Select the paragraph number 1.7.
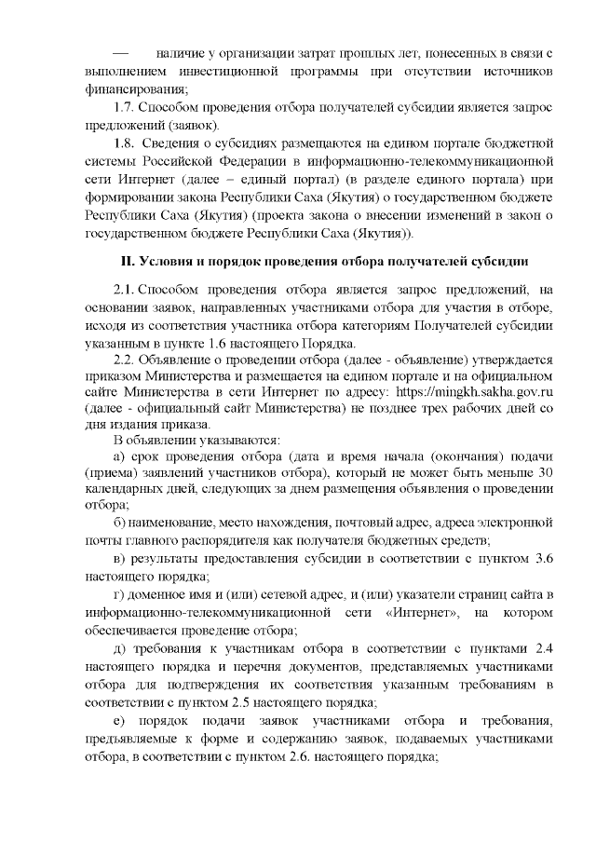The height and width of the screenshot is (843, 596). tap(126, 107)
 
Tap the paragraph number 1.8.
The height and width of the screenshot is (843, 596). tap(126, 143)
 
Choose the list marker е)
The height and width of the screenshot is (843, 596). tap(119, 723)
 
